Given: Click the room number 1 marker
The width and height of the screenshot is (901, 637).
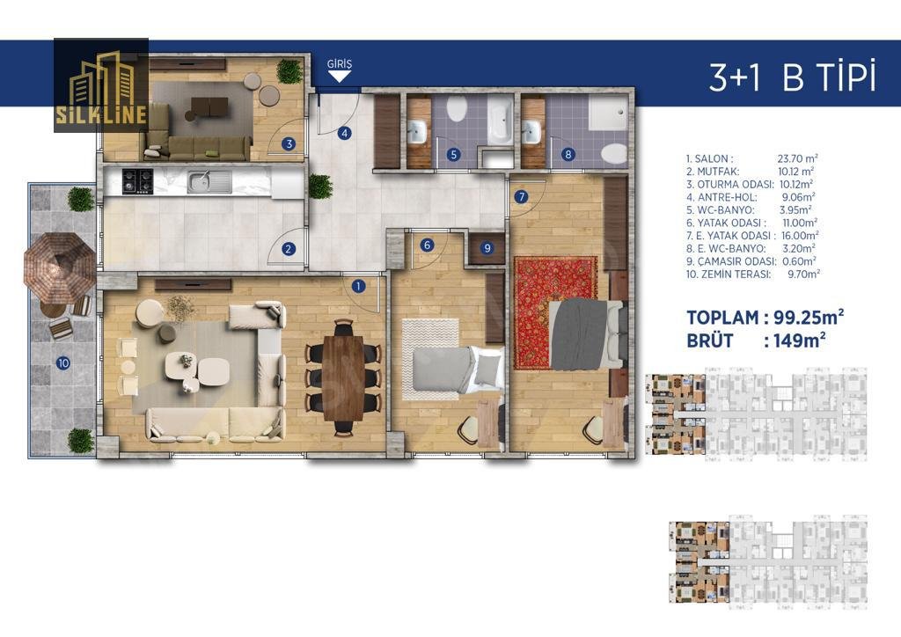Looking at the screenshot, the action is (358, 285).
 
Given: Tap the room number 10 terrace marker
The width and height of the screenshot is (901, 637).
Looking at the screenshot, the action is (63, 363).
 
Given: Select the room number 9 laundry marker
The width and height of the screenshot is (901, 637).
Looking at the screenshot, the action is (487, 248).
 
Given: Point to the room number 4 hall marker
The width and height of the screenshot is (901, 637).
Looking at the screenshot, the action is (344, 133).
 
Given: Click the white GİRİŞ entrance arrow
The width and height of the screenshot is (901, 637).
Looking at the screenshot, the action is (339, 77).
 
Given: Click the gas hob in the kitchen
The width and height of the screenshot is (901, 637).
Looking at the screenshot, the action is (138, 181).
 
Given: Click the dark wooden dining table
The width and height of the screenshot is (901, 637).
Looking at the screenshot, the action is (344, 378).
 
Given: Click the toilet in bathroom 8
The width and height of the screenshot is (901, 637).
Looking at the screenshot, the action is (613, 154).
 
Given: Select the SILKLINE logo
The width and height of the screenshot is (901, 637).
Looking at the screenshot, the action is (101, 85).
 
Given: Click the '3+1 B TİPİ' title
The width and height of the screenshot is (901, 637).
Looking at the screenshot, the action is (793, 77).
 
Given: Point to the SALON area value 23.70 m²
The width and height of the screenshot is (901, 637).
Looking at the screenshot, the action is (797, 158).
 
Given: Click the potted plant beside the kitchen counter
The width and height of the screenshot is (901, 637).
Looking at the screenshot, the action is (320, 187).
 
